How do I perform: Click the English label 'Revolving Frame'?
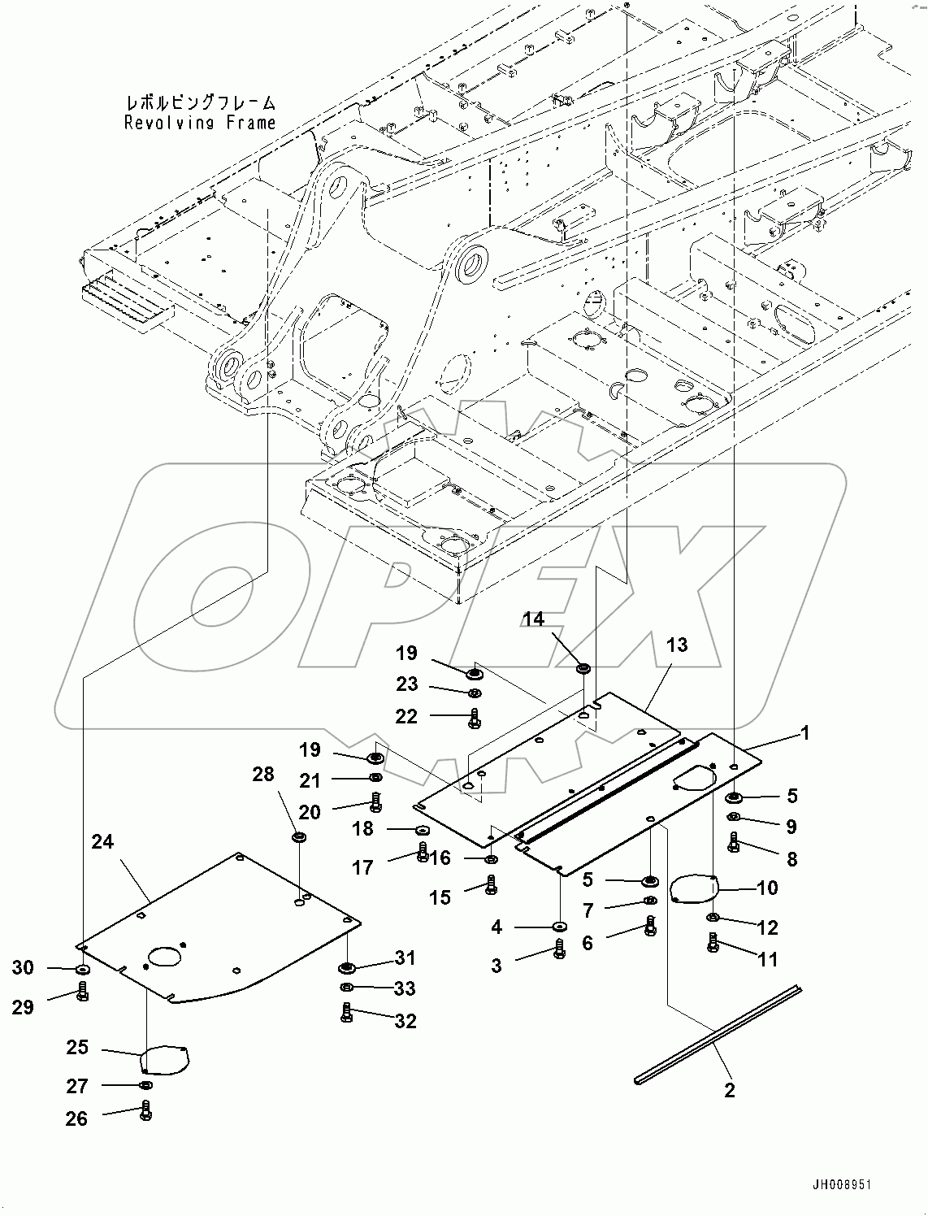coord(200,123)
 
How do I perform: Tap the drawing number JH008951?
coord(841,1185)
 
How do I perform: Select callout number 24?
coord(102,842)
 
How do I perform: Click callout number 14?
coord(533,619)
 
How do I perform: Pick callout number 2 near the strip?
coord(729,1090)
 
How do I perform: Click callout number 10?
coord(766,887)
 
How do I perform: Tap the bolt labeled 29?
coord(82,992)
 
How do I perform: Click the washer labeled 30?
coord(83,970)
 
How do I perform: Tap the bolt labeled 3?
coord(559,949)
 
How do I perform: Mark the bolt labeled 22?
coord(475,719)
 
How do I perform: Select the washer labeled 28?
coord(299,837)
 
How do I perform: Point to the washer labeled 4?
coord(559,927)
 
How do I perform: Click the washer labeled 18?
coord(423,830)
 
